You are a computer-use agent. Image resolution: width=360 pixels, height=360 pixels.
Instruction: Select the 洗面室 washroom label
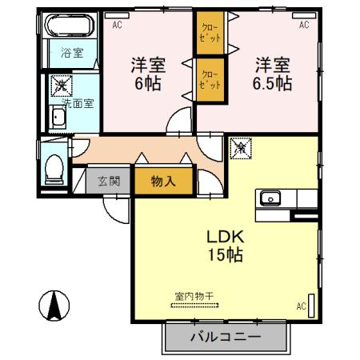pyautogui.click(x=78, y=102)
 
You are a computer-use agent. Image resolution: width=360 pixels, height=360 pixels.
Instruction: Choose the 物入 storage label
pyautogui.click(x=163, y=182)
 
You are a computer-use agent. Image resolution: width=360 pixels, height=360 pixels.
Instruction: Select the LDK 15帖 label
pyautogui.click(x=226, y=246)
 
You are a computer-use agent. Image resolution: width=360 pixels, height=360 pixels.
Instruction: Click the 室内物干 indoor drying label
pyautogui.click(x=193, y=296)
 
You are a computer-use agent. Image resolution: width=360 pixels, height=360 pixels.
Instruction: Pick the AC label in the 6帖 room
pyautogui.click(x=117, y=26)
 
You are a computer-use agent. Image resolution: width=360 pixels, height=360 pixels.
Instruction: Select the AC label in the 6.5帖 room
pyautogui.click(x=304, y=26)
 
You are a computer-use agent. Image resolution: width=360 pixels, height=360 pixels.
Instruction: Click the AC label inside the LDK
pyautogui.click(x=301, y=306)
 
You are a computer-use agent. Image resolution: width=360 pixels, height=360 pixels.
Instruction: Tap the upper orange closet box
pyautogui.click(x=210, y=36)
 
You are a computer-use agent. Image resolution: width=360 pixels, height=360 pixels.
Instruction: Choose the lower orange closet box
pyautogui.click(x=210, y=78)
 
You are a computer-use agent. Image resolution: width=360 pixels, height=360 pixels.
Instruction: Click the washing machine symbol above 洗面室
pyautogui.click(x=61, y=84)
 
